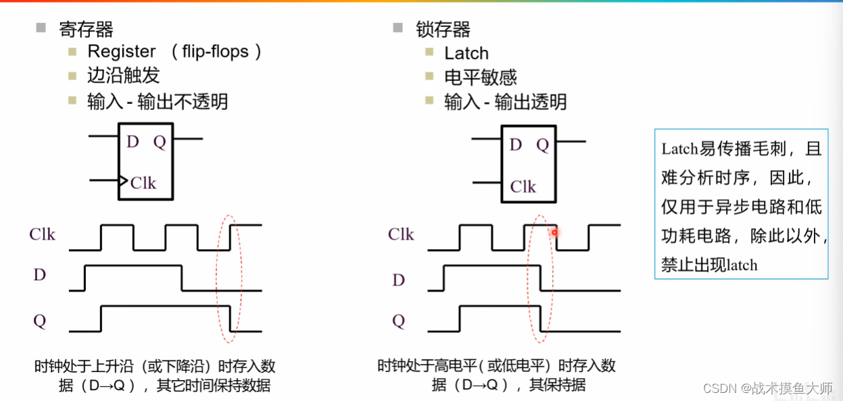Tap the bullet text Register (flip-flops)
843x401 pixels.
click(174, 52)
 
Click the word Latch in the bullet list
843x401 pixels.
click(466, 53)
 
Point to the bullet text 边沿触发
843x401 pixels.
click(124, 76)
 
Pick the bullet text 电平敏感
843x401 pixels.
click(481, 78)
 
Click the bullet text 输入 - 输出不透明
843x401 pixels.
click(158, 101)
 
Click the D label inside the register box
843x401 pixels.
click(133, 142)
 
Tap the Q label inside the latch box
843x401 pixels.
click(543, 145)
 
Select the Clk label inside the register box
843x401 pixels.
click(143, 183)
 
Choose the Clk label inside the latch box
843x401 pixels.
click(523, 187)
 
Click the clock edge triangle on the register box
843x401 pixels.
click(123, 180)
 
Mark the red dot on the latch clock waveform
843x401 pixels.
click(554, 233)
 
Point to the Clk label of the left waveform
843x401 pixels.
click(42, 234)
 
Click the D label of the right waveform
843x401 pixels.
click(399, 279)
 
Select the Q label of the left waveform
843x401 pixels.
click(40, 321)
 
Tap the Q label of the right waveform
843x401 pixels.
click(399, 321)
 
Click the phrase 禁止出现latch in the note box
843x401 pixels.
click(709, 265)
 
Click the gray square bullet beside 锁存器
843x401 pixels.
click(398, 28)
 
